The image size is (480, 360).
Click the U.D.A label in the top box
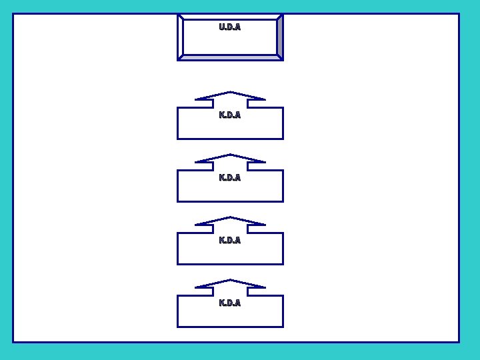tap(230, 27)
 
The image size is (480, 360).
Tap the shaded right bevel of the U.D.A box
tap(280, 37)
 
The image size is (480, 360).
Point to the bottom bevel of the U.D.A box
tap(230, 57)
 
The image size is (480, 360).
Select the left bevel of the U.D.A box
tap(180, 37)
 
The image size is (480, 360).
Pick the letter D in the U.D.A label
tap(230, 27)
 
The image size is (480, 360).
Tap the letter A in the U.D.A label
tap(237, 27)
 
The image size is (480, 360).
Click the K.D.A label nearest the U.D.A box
tap(230, 115)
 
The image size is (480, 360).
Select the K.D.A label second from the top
tap(230, 178)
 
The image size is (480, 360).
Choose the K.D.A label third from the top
tap(230, 241)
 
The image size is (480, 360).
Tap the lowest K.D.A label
tap(230, 303)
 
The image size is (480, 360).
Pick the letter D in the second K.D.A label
tap(230, 178)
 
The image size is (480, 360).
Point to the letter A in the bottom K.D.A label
tap(237, 303)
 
